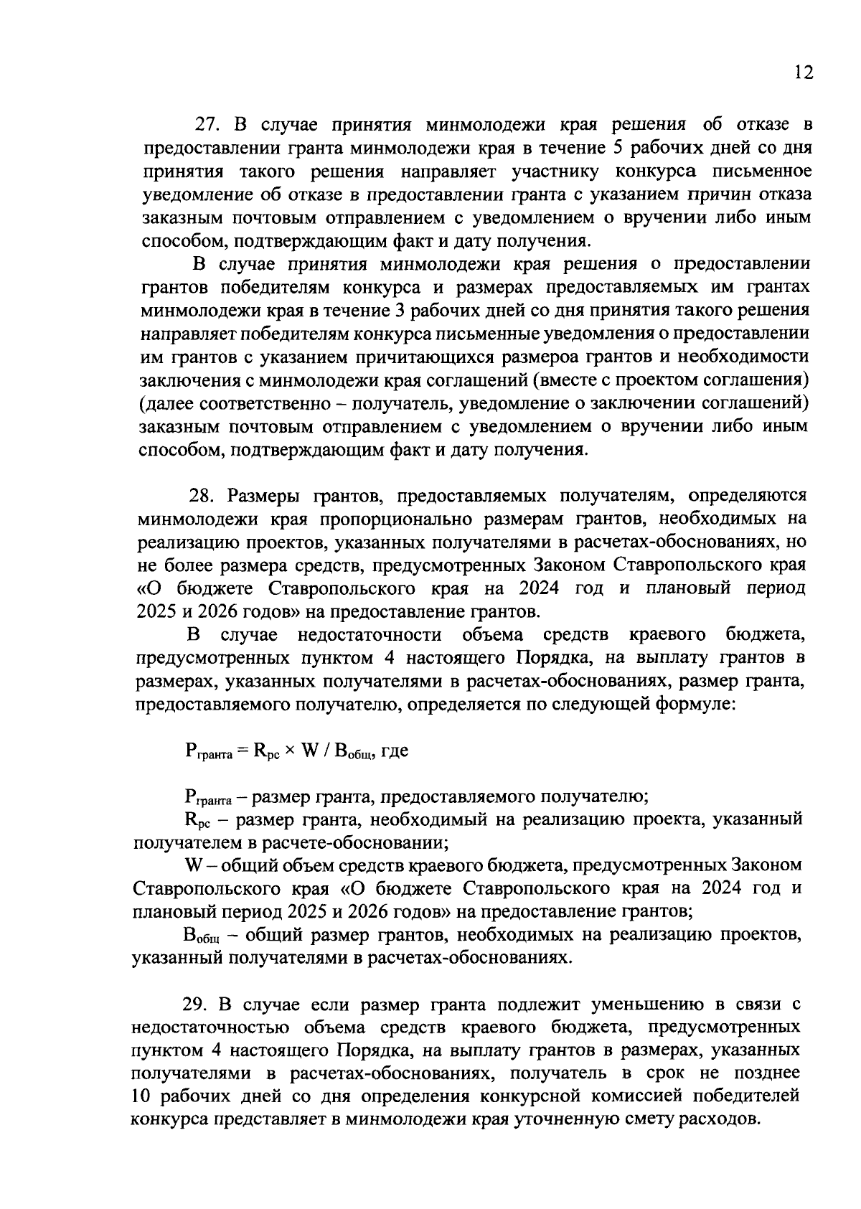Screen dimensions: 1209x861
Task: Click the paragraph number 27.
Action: [206, 125]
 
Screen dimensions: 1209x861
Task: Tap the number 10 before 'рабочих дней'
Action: [141, 1097]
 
